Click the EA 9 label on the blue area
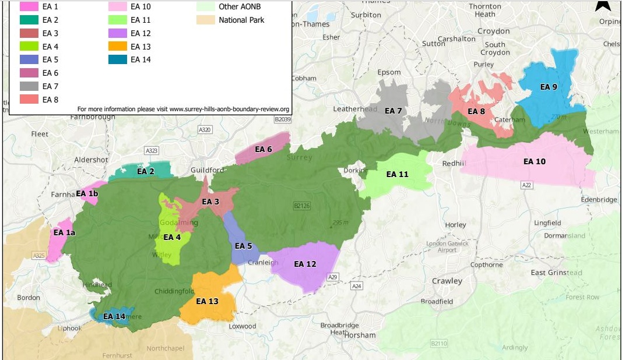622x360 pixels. pyautogui.click(x=549, y=87)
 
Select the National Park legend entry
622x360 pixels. pyautogui.click(x=241, y=20)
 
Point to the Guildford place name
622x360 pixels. pyautogui.click(x=208, y=170)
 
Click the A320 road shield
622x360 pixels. pyautogui.click(x=205, y=129)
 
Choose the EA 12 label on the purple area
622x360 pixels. pyautogui.click(x=304, y=264)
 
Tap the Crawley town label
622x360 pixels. pyautogui.click(x=447, y=281)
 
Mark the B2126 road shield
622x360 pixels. pyautogui.click(x=301, y=206)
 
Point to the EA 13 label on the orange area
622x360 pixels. pyautogui.click(x=207, y=301)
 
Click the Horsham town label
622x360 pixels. pyautogui.click(x=360, y=335)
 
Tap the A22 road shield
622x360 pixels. pyautogui.click(x=527, y=185)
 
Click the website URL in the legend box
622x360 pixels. pyautogui.click(x=183, y=109)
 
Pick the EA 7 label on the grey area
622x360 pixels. pyautogui.click(x=393, y=111)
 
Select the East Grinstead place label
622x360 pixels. pyautogui.click(x=556, y=273)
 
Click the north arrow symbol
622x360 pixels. pyautogui.click(x=603, y=5)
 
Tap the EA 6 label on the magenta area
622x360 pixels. pyautogui.click(x=262, y=149)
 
